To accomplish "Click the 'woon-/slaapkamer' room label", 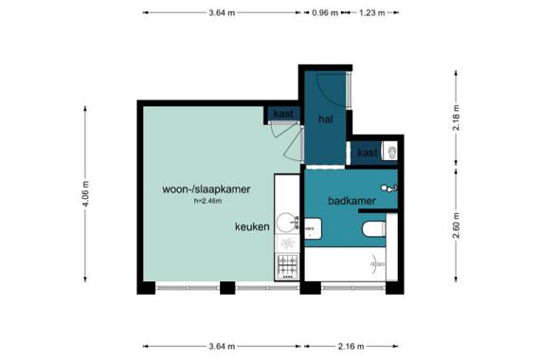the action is [207, 189].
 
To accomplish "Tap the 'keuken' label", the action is [252, 226].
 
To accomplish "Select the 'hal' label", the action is [326, 119].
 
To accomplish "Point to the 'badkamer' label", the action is [352, 201].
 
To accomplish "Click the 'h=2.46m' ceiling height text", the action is [208, 201].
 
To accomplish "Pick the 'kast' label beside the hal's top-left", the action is [283, 113].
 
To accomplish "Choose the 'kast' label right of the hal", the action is [368, 153].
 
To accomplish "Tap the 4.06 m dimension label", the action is [85, 194].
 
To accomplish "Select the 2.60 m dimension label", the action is [457, 225].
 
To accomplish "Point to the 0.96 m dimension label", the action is [325, 13].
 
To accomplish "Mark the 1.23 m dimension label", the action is [372, 13].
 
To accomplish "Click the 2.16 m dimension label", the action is [351, 346].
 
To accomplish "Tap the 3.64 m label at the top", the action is [222, 13].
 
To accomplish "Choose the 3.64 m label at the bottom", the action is [222, 346].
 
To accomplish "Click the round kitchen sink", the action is [287, 222].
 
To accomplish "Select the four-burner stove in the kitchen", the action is [287, 266].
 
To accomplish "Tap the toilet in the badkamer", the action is [374, 229].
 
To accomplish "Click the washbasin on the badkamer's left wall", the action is [313, 228].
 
